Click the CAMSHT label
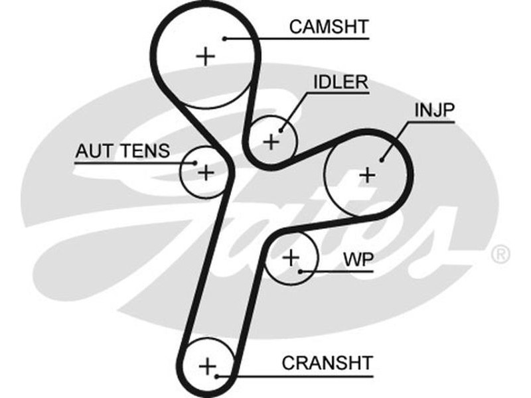329,27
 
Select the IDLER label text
340,82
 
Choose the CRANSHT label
327,363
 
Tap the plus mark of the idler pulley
271,141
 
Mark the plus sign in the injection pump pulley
366,175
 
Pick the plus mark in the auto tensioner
206,172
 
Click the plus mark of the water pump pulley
291,257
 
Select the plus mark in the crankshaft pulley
208,365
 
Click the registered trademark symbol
500,253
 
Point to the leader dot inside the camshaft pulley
226,38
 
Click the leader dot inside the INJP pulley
383,159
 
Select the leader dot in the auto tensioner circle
194,161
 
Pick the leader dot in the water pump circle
301,271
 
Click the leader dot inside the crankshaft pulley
218,376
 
